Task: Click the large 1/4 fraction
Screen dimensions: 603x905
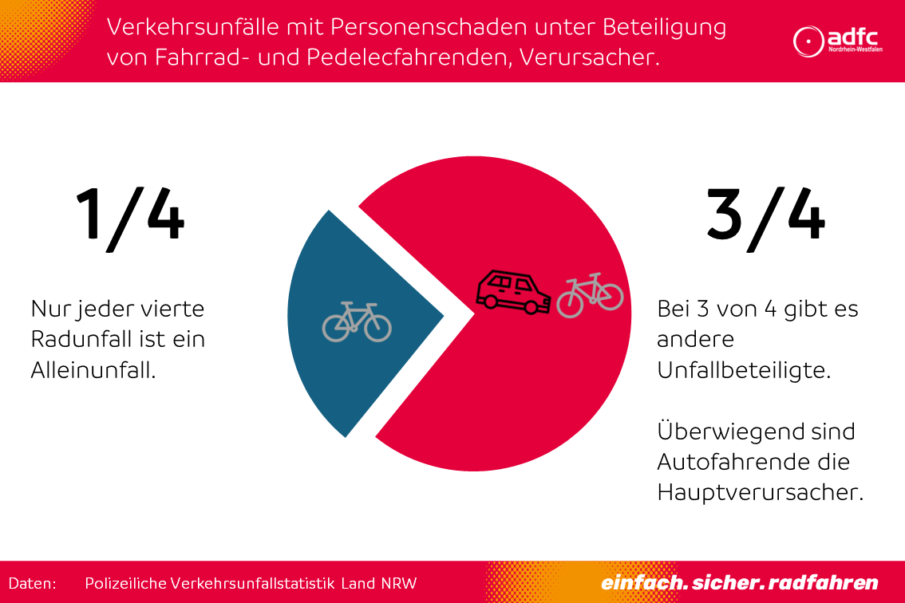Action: [x=130, y=215]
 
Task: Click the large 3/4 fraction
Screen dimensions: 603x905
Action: [x=765, y=215]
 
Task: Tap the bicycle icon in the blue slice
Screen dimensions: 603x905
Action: [x=357, y=321]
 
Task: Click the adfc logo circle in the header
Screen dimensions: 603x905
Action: [x=808, y=40]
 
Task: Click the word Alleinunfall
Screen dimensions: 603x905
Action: [x=93, y=369]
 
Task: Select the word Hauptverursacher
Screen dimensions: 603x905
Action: [x=760, y=492]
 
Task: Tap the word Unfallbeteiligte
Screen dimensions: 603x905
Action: [x=744, y=370]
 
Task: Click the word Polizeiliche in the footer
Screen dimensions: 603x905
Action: [x=124, y=583]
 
